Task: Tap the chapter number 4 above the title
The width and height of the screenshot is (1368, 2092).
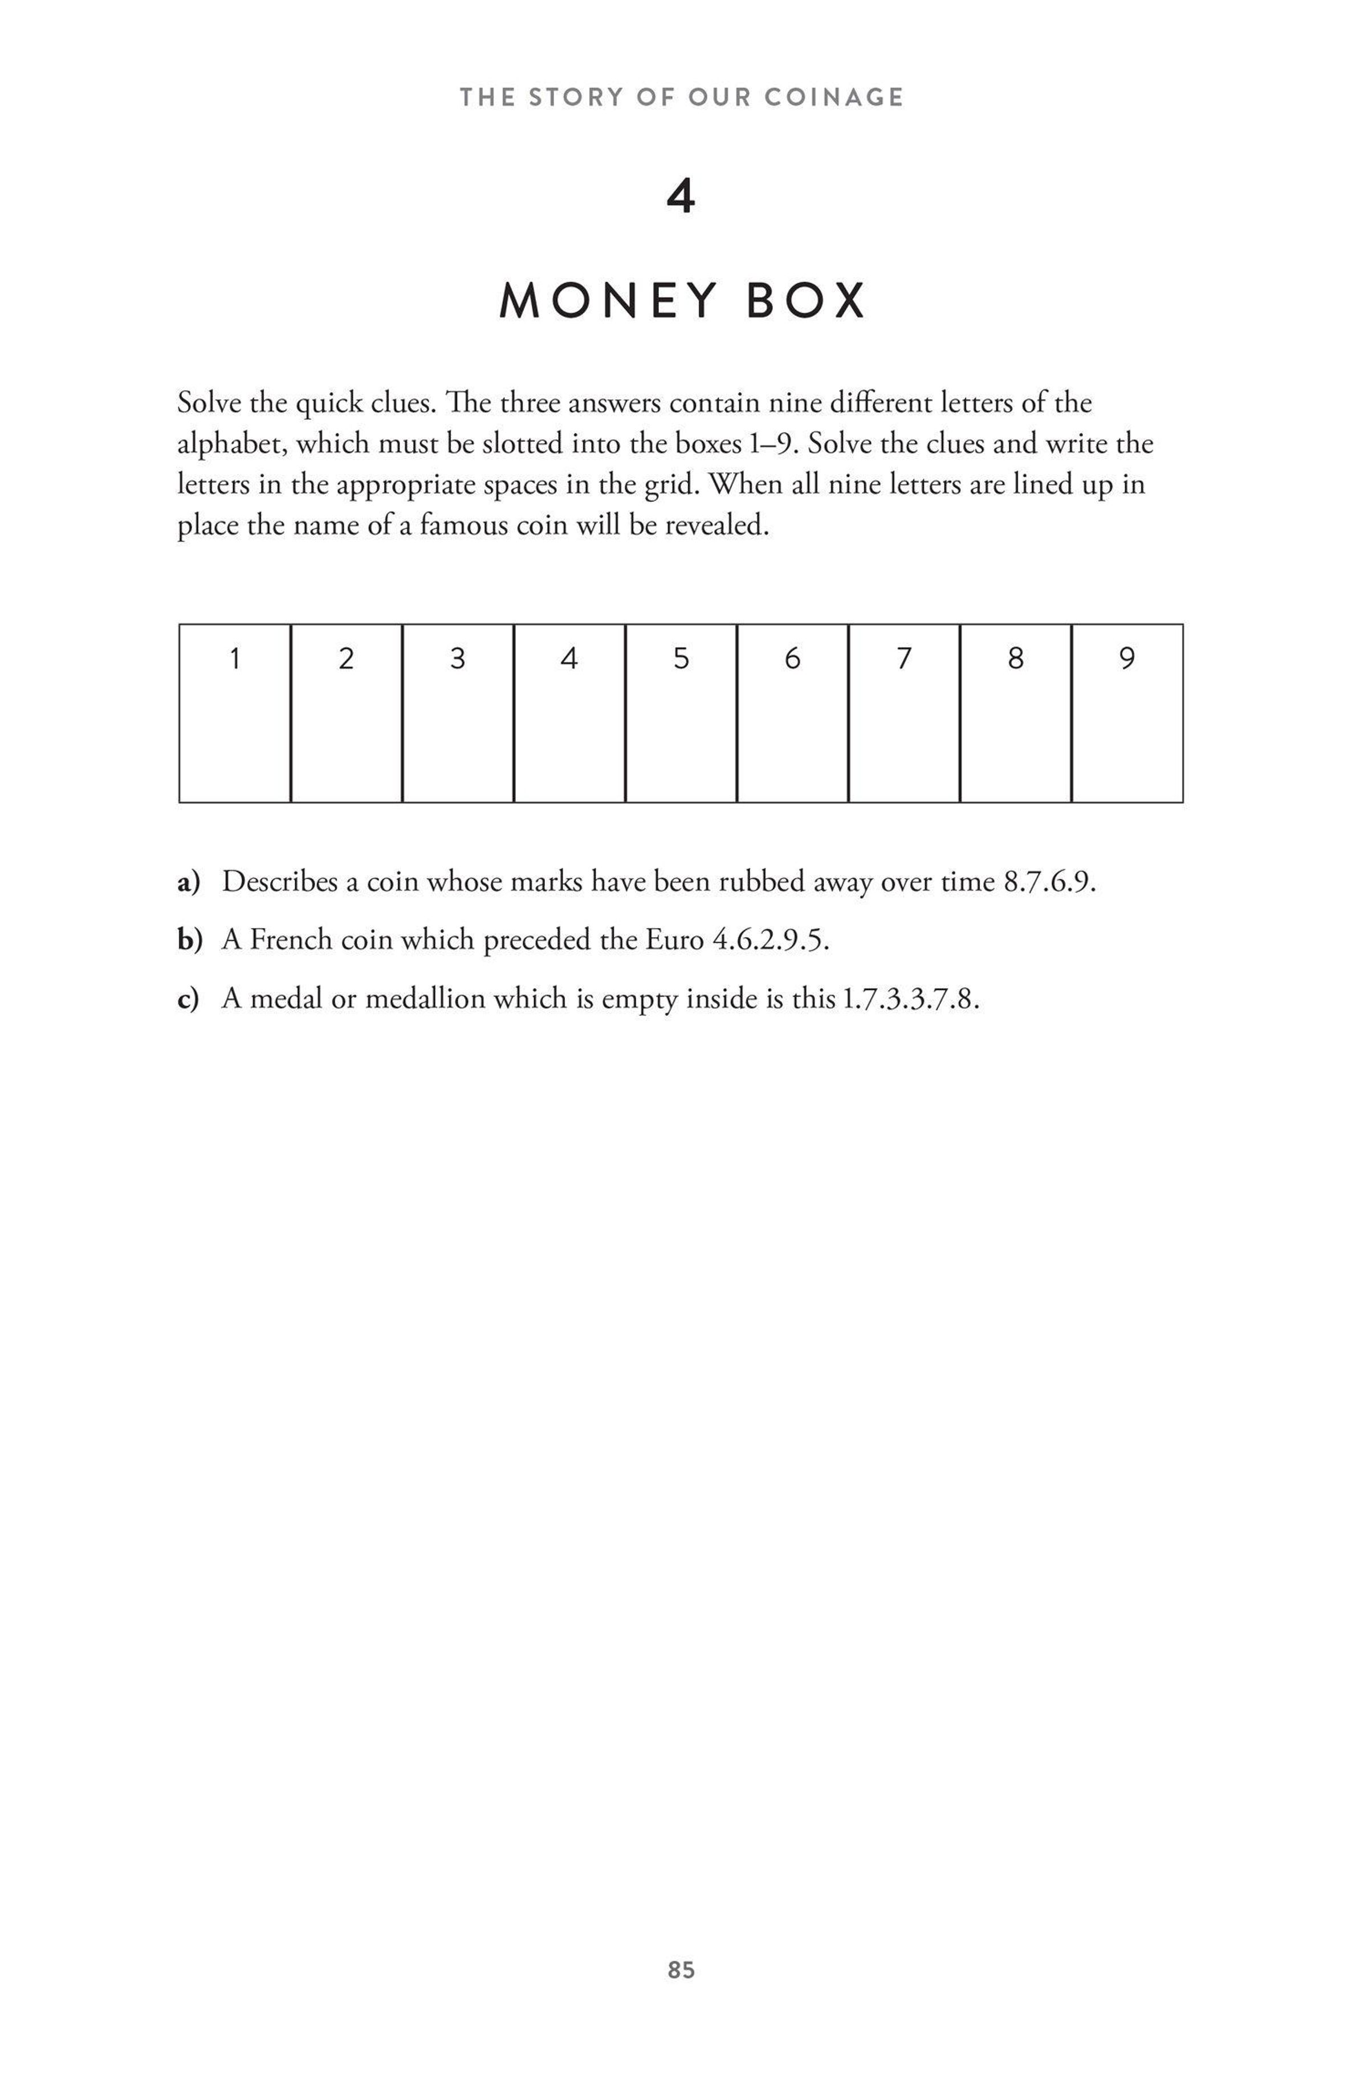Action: point(681,197)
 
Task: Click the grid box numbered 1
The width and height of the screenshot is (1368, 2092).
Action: point(235,713)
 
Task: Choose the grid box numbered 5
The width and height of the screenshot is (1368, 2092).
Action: point(681,713)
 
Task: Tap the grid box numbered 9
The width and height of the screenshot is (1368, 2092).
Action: point(1127,713)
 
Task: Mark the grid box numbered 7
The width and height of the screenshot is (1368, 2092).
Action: point(904,713)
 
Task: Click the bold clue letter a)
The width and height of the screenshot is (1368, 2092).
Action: point(189,881)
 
